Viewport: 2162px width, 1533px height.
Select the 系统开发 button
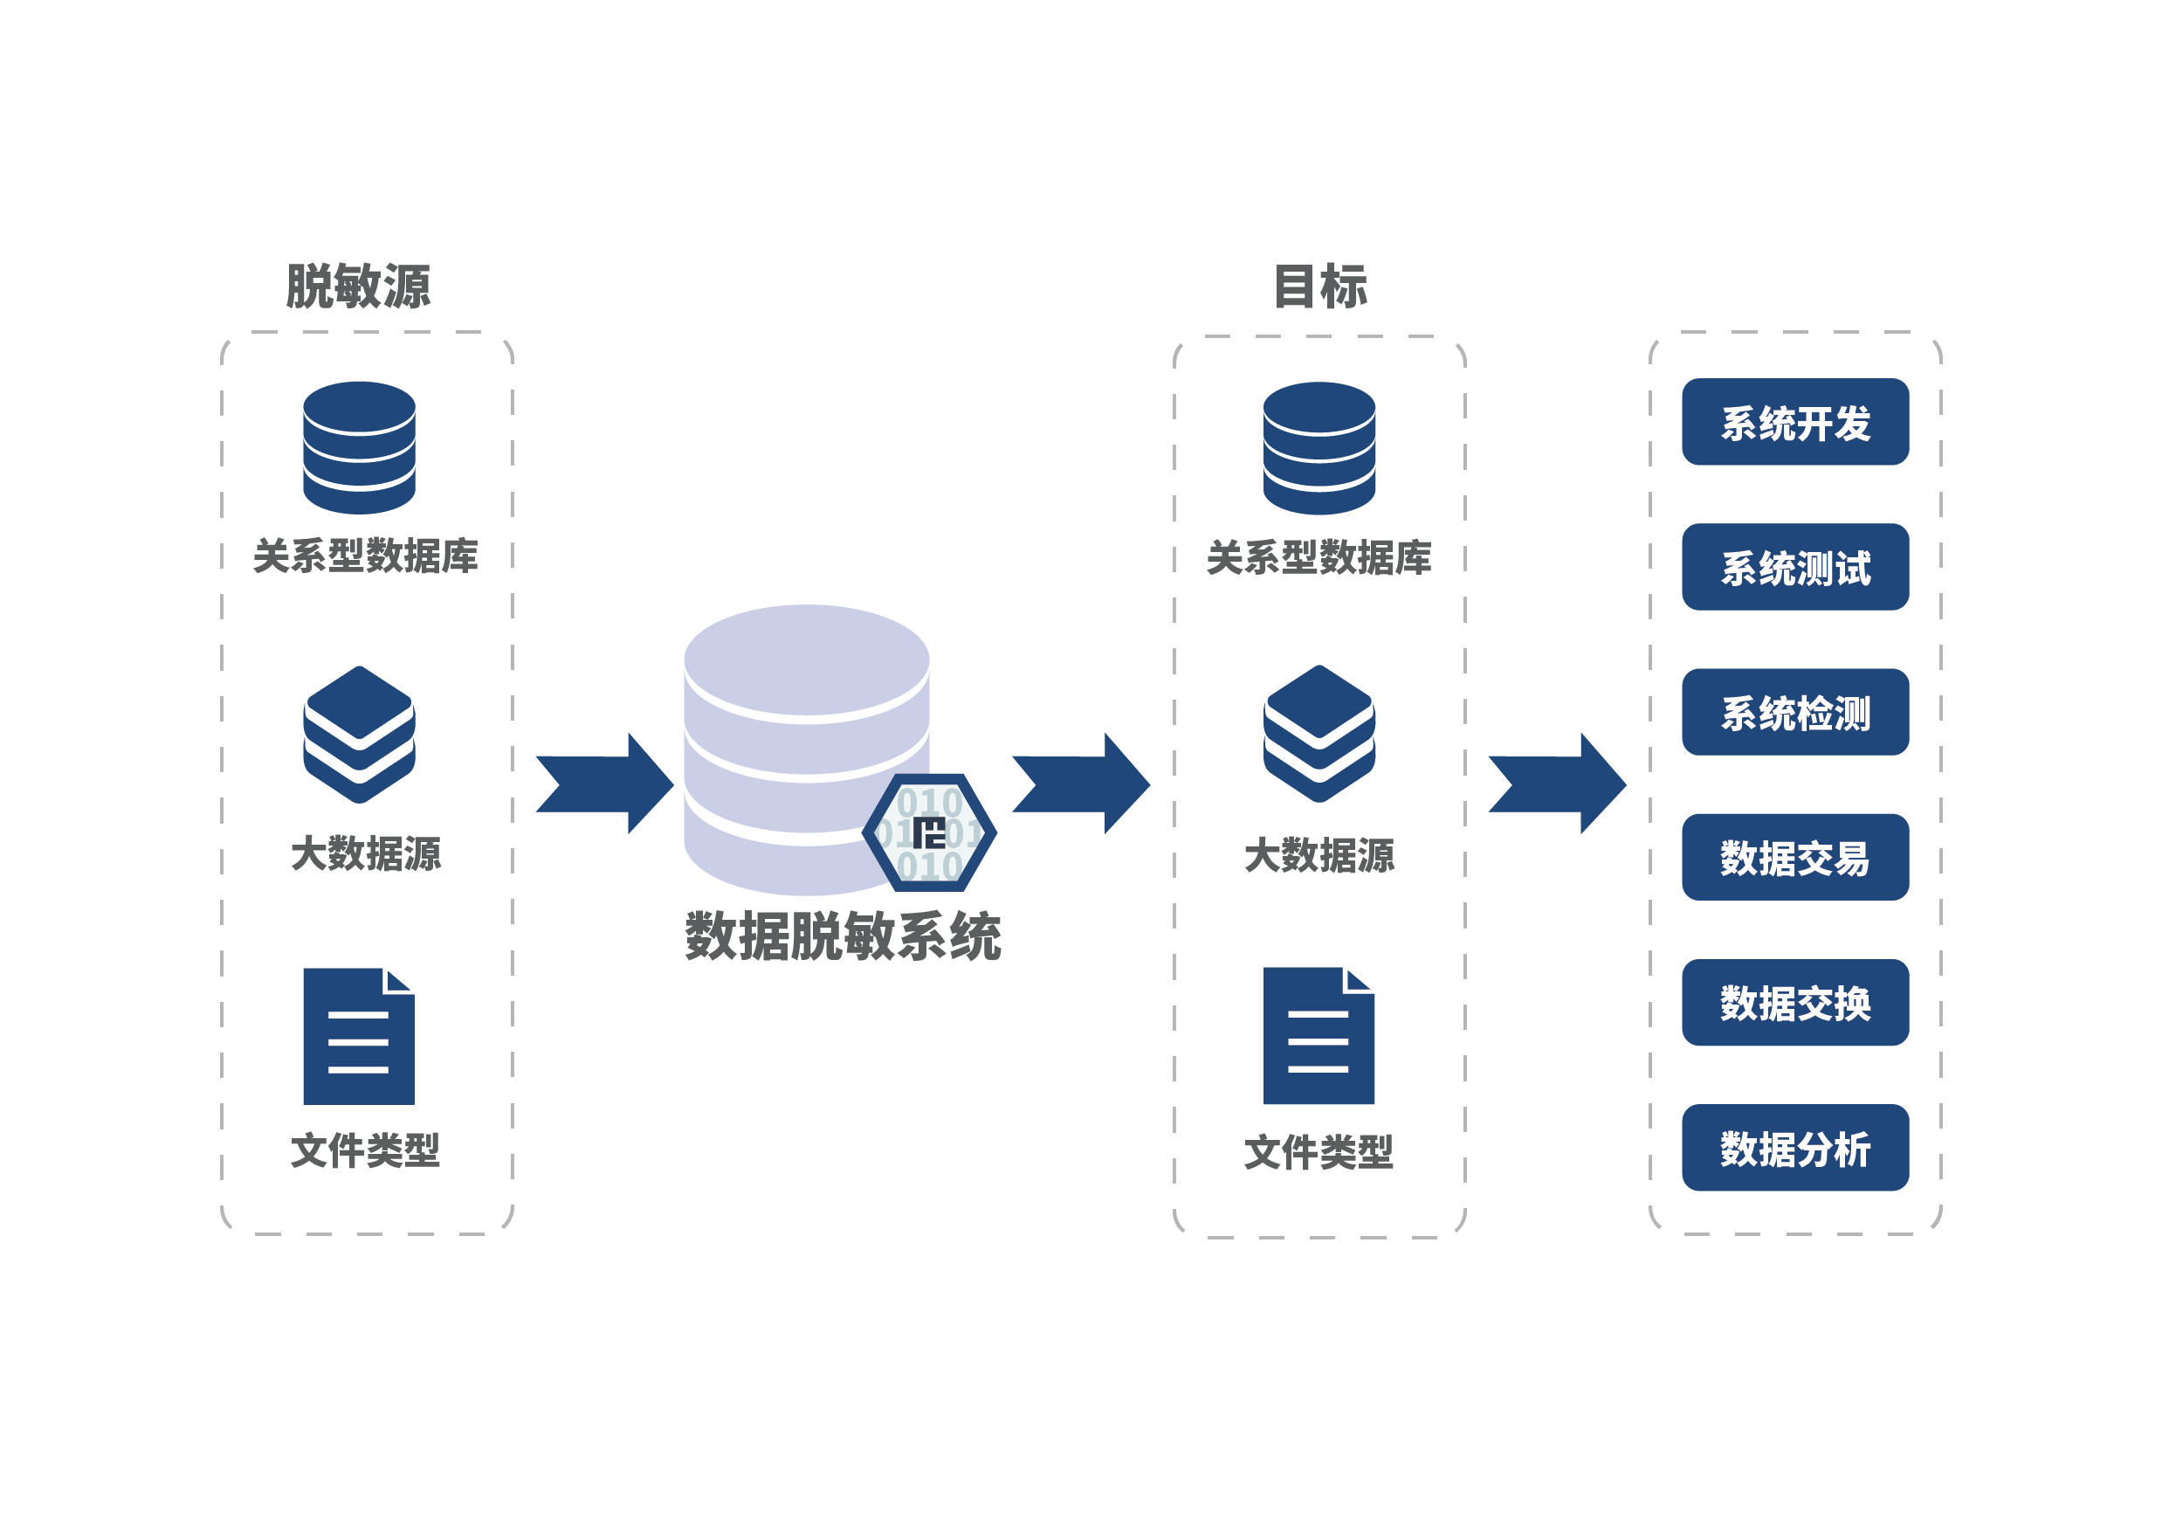tap(1794, 422)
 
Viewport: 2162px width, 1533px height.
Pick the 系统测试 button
tap(1794, 566)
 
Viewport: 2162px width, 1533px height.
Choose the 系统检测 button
tap(1794, 712)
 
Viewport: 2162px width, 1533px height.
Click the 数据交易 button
tap(1794, 857)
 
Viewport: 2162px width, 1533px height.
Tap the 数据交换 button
tap(1794, 1003)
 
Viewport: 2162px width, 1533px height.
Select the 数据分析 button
tap(1794, 1148)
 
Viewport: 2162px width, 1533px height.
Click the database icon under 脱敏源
tap(359, 447)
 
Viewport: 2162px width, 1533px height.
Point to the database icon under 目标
tap(1319, 447)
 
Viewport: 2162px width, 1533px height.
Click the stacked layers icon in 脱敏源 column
tap(359, 735)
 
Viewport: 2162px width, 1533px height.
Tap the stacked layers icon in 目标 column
tap(1319, 734)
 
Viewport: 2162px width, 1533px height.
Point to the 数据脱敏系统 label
tap(842, 936)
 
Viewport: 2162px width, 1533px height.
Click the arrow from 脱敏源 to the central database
tap(605, 783)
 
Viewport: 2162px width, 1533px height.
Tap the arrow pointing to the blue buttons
tap(1557, 783)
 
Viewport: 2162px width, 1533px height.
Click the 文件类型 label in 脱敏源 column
tap(365, 1150)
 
